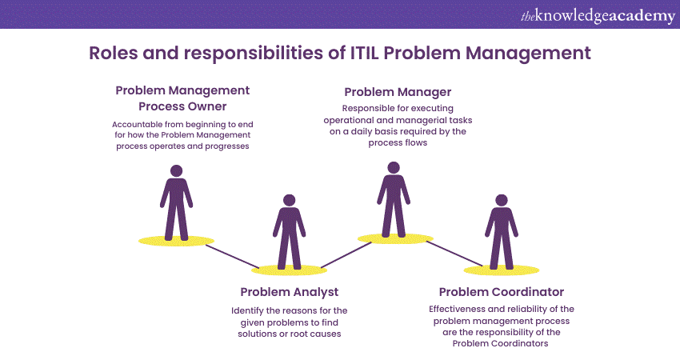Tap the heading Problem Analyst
click(290, 292)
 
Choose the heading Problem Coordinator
click(502, 292)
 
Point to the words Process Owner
click(182, 106)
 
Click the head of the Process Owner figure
click(176, 171)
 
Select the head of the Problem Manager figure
click(393, 168)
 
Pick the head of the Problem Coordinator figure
click(502, 200)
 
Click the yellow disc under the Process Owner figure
click(176, 241)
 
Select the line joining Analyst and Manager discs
click(339, 254)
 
